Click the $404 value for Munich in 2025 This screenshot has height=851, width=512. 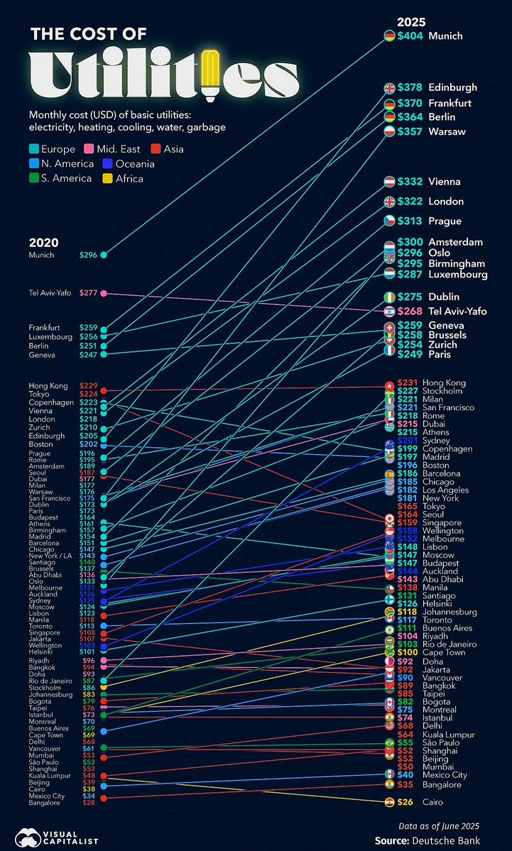(410, 35)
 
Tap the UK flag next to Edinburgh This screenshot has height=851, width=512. (389, 88)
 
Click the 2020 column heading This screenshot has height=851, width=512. (43, 242)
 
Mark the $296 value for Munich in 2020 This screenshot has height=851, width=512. (88, 255)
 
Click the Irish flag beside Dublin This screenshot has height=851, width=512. (389, 297)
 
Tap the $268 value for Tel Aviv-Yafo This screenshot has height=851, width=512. (410, 311)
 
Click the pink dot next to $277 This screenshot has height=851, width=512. (104, 293)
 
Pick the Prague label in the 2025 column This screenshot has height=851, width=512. (445, 221)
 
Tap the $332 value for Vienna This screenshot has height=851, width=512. (410, 182)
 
